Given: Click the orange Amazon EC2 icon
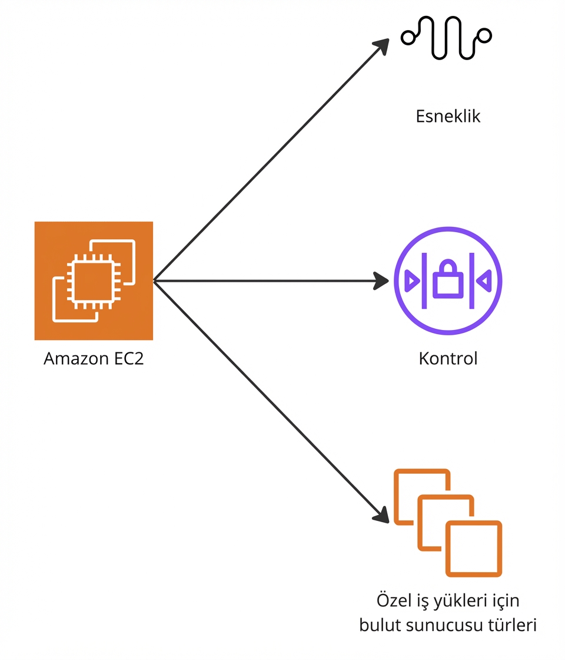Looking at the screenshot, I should click(x=94, y=280).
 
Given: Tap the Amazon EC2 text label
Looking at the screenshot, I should click(x=94, y=359).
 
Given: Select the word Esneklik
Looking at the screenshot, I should click(x=448, y=116).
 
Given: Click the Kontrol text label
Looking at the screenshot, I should click(x=448, y=358).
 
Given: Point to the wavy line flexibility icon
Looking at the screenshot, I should click(x=446, y=37).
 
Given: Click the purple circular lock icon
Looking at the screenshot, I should click(x=448, y=281).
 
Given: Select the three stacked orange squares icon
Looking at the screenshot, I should click(x=448, y=522).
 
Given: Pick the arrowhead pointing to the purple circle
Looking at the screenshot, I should click(x=383, y=281).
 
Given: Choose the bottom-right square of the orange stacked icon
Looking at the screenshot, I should click(x=473, y=549).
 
